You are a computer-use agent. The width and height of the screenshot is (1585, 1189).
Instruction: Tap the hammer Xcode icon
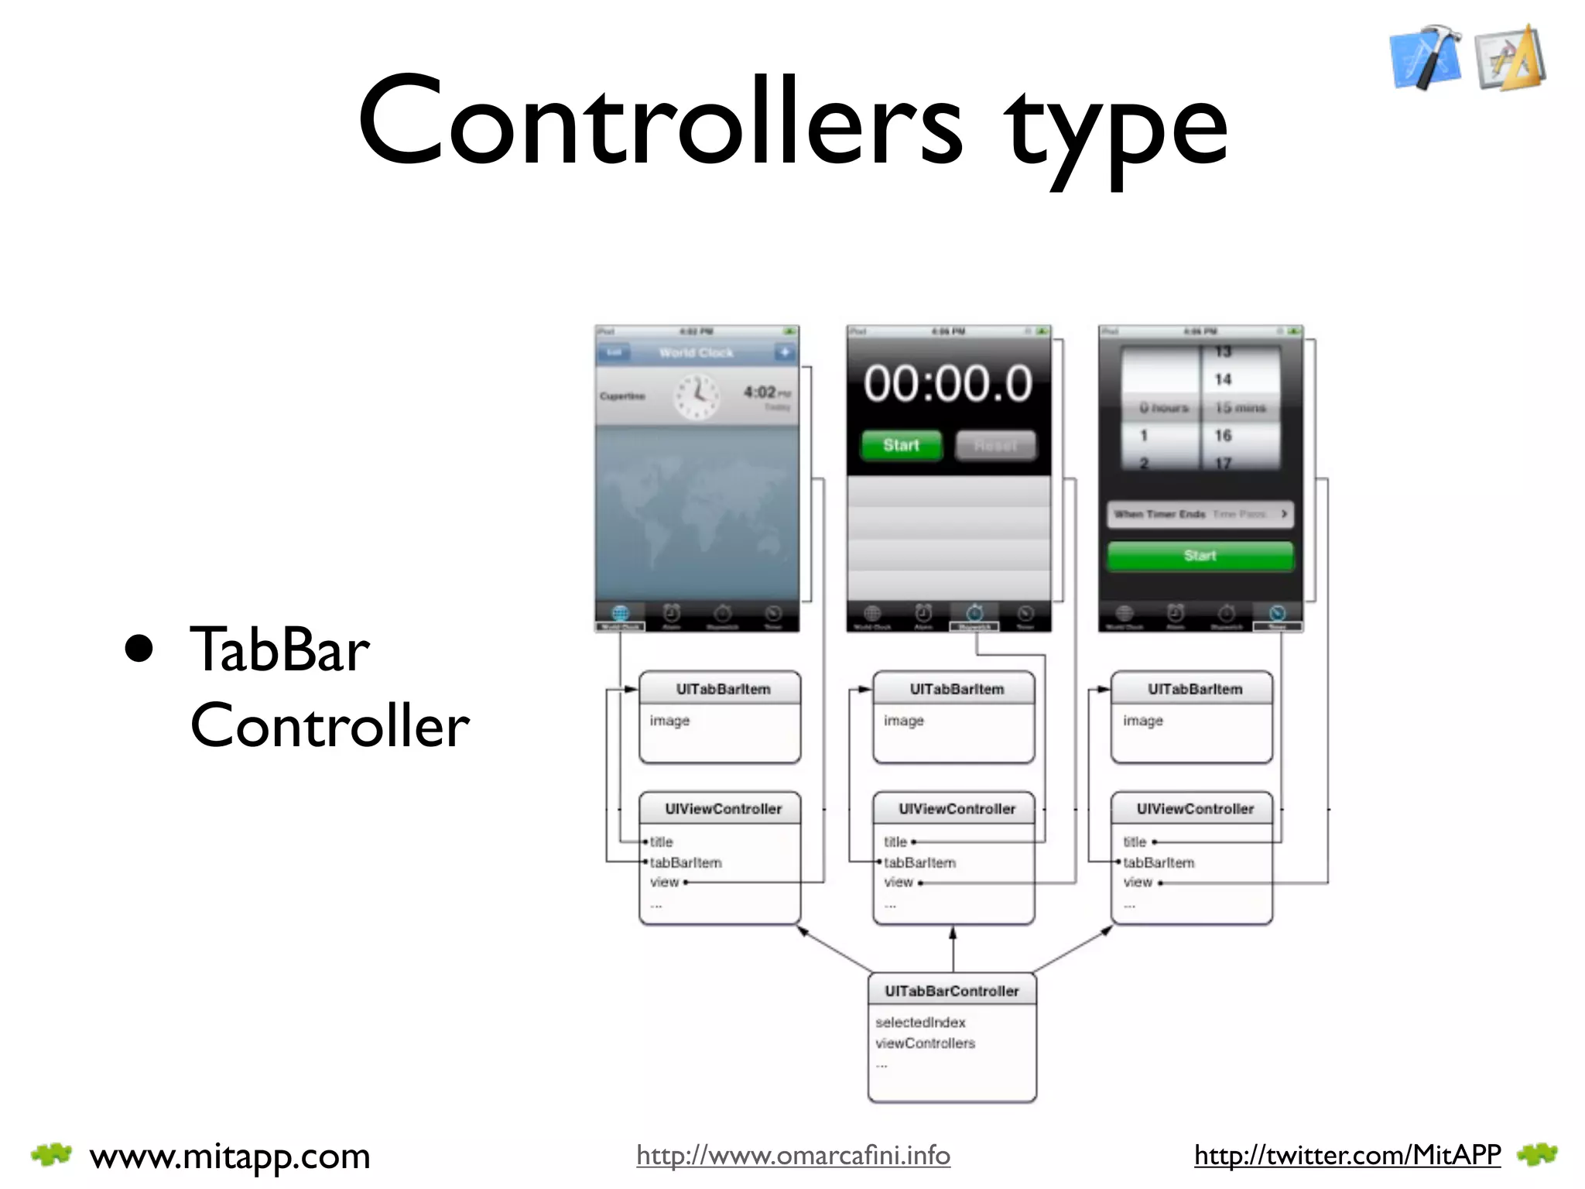coord(1426,57)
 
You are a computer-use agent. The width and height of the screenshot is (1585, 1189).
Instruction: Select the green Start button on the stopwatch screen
coord(902,445)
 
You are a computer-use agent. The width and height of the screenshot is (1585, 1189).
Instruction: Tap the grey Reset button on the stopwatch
coord(995,446)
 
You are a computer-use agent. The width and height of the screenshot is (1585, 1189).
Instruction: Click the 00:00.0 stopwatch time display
coord(948,383)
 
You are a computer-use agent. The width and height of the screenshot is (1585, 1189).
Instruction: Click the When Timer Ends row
coord(1200,514)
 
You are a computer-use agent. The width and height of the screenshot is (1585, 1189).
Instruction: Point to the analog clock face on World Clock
coord(697,396)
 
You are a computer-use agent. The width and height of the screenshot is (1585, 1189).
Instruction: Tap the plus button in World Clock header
coord(785,352)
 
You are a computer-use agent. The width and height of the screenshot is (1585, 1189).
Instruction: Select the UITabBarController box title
coord(952,991)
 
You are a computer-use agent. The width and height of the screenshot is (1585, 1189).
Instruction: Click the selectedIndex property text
coord(920,1023)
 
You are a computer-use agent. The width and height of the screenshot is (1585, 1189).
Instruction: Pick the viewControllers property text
coord(925,1043)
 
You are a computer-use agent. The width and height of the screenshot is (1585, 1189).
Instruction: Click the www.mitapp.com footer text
coord(230,1156)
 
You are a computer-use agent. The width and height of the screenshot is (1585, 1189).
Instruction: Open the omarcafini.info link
coord(793,1155)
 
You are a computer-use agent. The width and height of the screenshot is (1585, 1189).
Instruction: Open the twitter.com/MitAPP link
coord(1347,1155)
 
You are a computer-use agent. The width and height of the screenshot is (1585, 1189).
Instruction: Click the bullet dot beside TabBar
coord(139,649)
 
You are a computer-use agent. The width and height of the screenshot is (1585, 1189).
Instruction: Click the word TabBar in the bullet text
coord(279,649)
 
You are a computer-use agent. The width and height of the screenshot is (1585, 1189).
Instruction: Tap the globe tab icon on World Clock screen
coord(620,614)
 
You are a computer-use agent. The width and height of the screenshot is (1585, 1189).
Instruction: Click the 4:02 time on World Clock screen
coord(759,392)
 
